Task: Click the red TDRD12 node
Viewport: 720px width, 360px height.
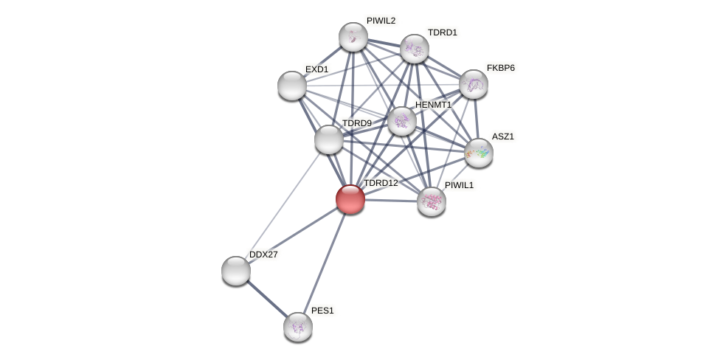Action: coord(350,198)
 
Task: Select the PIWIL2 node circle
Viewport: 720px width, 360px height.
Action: coord(353,37)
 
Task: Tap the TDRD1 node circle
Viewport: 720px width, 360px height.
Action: coord(414,49)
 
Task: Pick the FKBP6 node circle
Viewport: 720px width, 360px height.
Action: coord(473,84)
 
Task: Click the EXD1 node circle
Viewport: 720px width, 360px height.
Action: coord(292,86)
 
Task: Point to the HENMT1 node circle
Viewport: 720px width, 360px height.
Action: coord(401,121)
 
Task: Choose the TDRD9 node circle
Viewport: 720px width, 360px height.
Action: coord(328,139)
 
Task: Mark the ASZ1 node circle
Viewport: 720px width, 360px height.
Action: coord(478,153)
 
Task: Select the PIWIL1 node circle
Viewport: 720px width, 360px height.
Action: coord(431,201)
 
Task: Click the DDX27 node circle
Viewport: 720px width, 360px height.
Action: coord(236,271)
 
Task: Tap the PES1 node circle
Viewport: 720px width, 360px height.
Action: coord(298,327)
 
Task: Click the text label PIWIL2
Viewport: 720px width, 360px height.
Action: coord(381,21)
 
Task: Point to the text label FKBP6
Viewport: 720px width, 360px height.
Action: coord(500,68)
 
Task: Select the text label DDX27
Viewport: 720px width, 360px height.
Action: coord(263,255)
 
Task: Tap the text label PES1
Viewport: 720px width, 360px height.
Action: coord(322,311)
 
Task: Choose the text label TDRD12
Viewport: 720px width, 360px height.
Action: coord(381,183)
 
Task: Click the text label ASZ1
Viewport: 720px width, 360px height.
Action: coord(502,136)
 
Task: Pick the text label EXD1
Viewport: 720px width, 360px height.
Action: coord(316,69)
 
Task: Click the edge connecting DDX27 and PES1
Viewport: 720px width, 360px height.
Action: coord(267,299)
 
